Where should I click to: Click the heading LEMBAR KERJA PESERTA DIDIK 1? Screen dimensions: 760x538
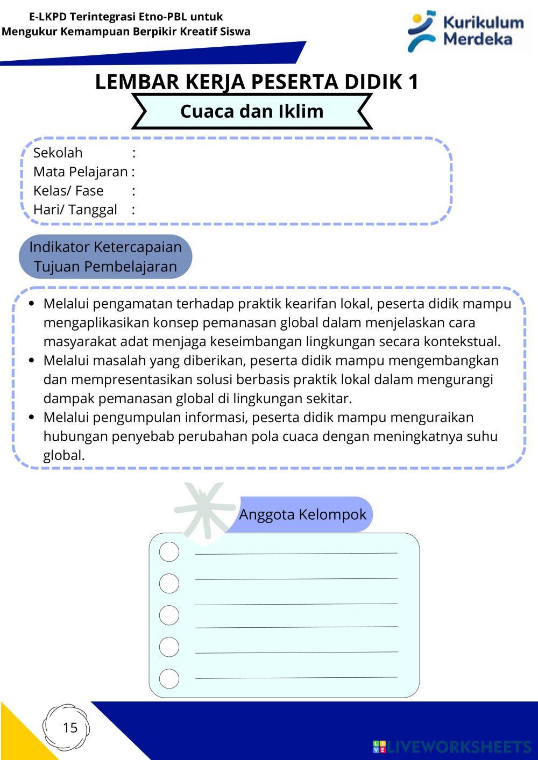click(257, 82)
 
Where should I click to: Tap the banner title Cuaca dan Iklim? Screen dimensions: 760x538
click(252, 111)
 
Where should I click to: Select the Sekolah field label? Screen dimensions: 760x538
click(58, 153)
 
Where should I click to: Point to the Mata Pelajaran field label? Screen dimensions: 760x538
click(80, 171)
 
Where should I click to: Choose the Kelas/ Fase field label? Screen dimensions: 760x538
click(68, 191)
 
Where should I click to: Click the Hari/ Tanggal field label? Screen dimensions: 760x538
click(75, 210)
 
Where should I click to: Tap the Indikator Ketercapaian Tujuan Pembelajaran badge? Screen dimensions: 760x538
click(105, 256)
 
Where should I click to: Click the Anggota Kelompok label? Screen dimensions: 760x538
click(302, 514)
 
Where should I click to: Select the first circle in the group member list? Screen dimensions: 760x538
click(169, 552)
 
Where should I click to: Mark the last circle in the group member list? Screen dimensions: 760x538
click(169, 678)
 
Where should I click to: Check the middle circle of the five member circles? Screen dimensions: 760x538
click(169, 615)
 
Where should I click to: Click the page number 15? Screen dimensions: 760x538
click(70, 728)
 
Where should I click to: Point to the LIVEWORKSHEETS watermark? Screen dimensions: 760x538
click(451, 747)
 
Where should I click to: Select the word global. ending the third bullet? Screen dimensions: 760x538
click(64, 456)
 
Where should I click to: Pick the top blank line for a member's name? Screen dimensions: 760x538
click(296, 553)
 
